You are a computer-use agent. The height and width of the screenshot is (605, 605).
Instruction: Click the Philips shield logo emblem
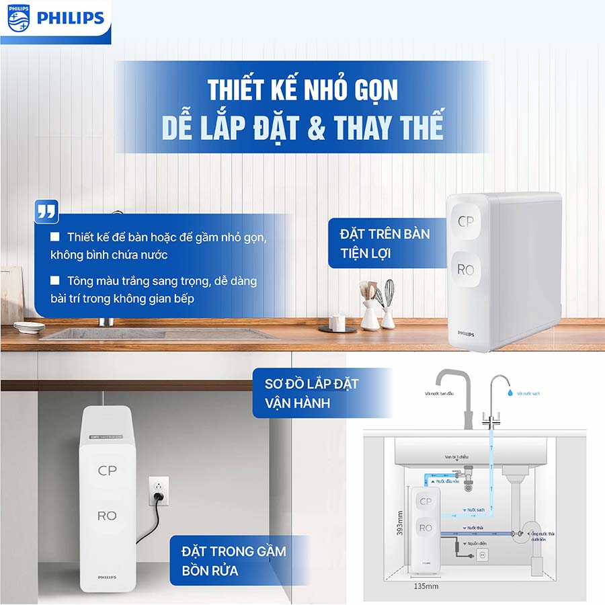19,17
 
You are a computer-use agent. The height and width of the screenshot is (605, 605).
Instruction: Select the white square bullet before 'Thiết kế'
55,237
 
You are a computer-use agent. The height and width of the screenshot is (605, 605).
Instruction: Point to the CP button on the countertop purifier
466,221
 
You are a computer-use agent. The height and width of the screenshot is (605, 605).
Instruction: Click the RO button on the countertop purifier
466,270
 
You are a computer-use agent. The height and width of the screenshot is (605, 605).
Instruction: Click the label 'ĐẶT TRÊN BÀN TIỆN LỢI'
385,243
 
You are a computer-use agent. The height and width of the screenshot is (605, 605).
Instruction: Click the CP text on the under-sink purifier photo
107,471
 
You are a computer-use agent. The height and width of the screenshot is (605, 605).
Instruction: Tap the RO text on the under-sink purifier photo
107,516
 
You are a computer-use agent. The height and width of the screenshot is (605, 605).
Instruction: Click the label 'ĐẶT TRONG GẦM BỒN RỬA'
234,561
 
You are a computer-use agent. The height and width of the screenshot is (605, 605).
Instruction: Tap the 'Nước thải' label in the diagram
475,528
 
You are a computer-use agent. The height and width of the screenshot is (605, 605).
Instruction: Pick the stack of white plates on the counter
29,326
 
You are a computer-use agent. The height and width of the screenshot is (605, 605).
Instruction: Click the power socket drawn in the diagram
481,555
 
